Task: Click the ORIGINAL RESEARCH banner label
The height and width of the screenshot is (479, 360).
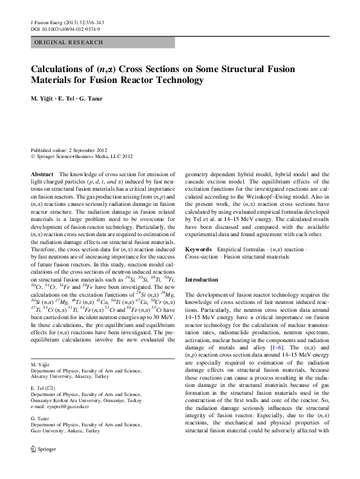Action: tap(68, 43)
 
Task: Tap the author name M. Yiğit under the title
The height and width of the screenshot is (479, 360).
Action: tap(44, 98)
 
